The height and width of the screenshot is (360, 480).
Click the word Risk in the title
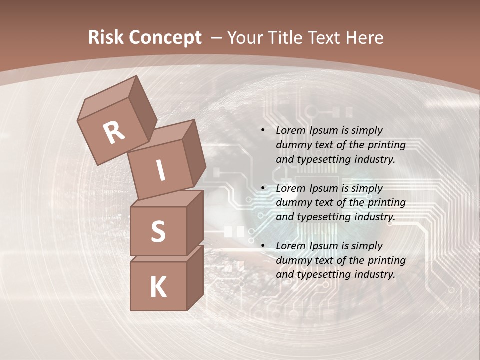click(x=107, y=38)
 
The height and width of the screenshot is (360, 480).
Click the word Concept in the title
click(x=165, y=38)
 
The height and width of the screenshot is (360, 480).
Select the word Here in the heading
click(x=363, y=38)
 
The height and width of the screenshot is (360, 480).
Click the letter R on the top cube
click(x=114, y=132)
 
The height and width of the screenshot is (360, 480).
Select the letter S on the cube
click(x=158, y=232)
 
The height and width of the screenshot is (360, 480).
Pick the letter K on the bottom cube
click(x=158, y=287)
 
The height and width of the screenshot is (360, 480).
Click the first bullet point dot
click(x=263, y=131)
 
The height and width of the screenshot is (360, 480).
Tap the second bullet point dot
click(x=263, y=189)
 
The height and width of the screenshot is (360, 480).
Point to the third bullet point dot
click(x=263, y=246)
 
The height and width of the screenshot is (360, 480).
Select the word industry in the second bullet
click(x=374, y=217)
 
